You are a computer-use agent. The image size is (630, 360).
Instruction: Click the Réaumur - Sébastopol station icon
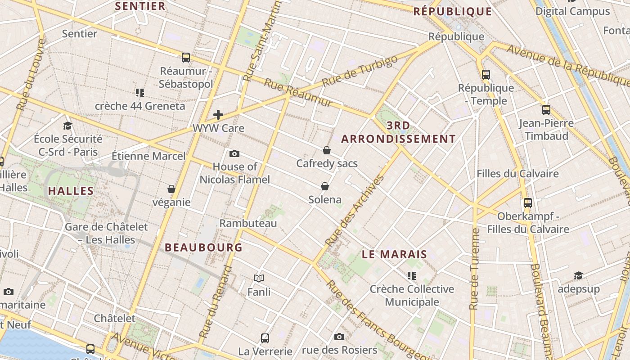pos(185,58)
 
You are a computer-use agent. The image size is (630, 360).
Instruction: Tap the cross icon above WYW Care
pos(218,115)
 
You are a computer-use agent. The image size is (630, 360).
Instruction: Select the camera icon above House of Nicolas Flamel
pos(234,154)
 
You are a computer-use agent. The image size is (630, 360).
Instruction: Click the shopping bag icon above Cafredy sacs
pos(327,150)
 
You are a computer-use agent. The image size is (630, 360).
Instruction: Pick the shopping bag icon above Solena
pos(325,186)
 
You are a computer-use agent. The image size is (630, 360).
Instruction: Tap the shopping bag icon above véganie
pos(171,189)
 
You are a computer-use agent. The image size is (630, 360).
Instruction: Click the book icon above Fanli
pos(259,279)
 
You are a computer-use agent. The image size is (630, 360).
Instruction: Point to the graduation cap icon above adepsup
pos(578,275)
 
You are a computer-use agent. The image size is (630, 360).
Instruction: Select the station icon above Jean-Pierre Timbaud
pos(546,109)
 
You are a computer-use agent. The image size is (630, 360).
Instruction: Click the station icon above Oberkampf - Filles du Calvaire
pos(528,203)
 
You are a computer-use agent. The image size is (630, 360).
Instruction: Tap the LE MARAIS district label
pos(394,254)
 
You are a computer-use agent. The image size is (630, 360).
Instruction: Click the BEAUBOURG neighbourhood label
pos(203,247)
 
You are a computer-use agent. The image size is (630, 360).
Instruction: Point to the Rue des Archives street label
pos(355,211)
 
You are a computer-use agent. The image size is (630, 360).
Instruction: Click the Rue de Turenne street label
pos(474,269)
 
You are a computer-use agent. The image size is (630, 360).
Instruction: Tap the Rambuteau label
pos(248,223)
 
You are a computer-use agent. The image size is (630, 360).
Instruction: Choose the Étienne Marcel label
pos(148,156)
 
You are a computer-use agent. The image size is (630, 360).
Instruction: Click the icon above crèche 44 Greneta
pos(140,93)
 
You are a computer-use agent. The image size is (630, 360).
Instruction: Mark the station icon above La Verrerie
pos(265,338)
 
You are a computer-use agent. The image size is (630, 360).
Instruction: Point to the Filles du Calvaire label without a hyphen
pos(517,174)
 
